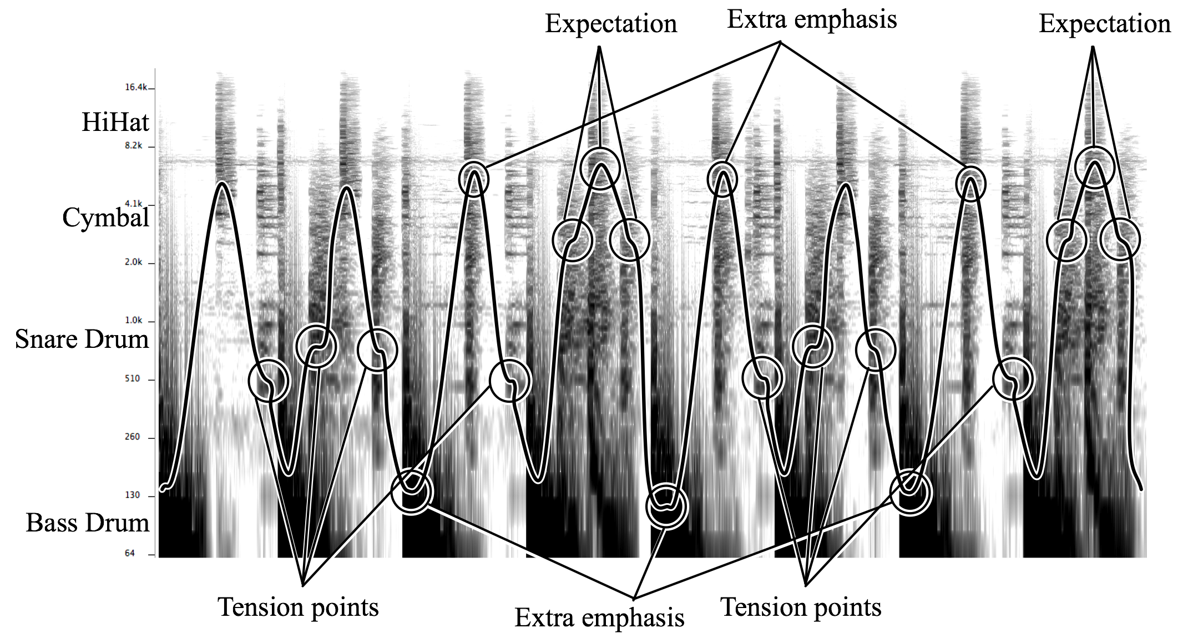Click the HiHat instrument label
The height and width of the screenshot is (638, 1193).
[x=115, y=122]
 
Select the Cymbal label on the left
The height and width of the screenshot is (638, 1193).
[x=105, y=217]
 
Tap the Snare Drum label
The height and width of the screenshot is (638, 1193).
[x=82, y=339]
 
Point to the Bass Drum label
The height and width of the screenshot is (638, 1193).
[x=88, y=523]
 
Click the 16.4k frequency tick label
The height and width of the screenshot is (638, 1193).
[x=136, y=87]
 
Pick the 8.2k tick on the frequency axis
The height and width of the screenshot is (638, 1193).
[x=134, y=145]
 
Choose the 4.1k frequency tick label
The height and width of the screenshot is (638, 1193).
[x=134, y=204]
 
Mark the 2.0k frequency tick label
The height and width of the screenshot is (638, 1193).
[x=134, y=262]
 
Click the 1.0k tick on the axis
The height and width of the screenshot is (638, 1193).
[x=134, y=320]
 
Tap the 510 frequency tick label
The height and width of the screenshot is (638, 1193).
[x=133, y=378]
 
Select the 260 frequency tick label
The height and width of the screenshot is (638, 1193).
[x=133, y=437]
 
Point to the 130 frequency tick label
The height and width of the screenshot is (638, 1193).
[x=133, y=495]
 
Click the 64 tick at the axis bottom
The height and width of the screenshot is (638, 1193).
[x=130, y=553]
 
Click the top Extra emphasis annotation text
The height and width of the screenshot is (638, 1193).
[x=812, y=20]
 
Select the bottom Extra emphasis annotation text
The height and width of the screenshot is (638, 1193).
[x=599, y=618]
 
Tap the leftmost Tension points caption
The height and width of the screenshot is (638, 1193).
[x=298, y=607]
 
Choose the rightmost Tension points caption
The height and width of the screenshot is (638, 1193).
[x=801, y=607]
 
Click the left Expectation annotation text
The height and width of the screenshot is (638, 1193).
[x=611, y=24]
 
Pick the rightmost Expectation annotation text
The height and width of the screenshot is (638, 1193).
[x=1105, y=24]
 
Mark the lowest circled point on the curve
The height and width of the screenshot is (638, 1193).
[x=666, y=506]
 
